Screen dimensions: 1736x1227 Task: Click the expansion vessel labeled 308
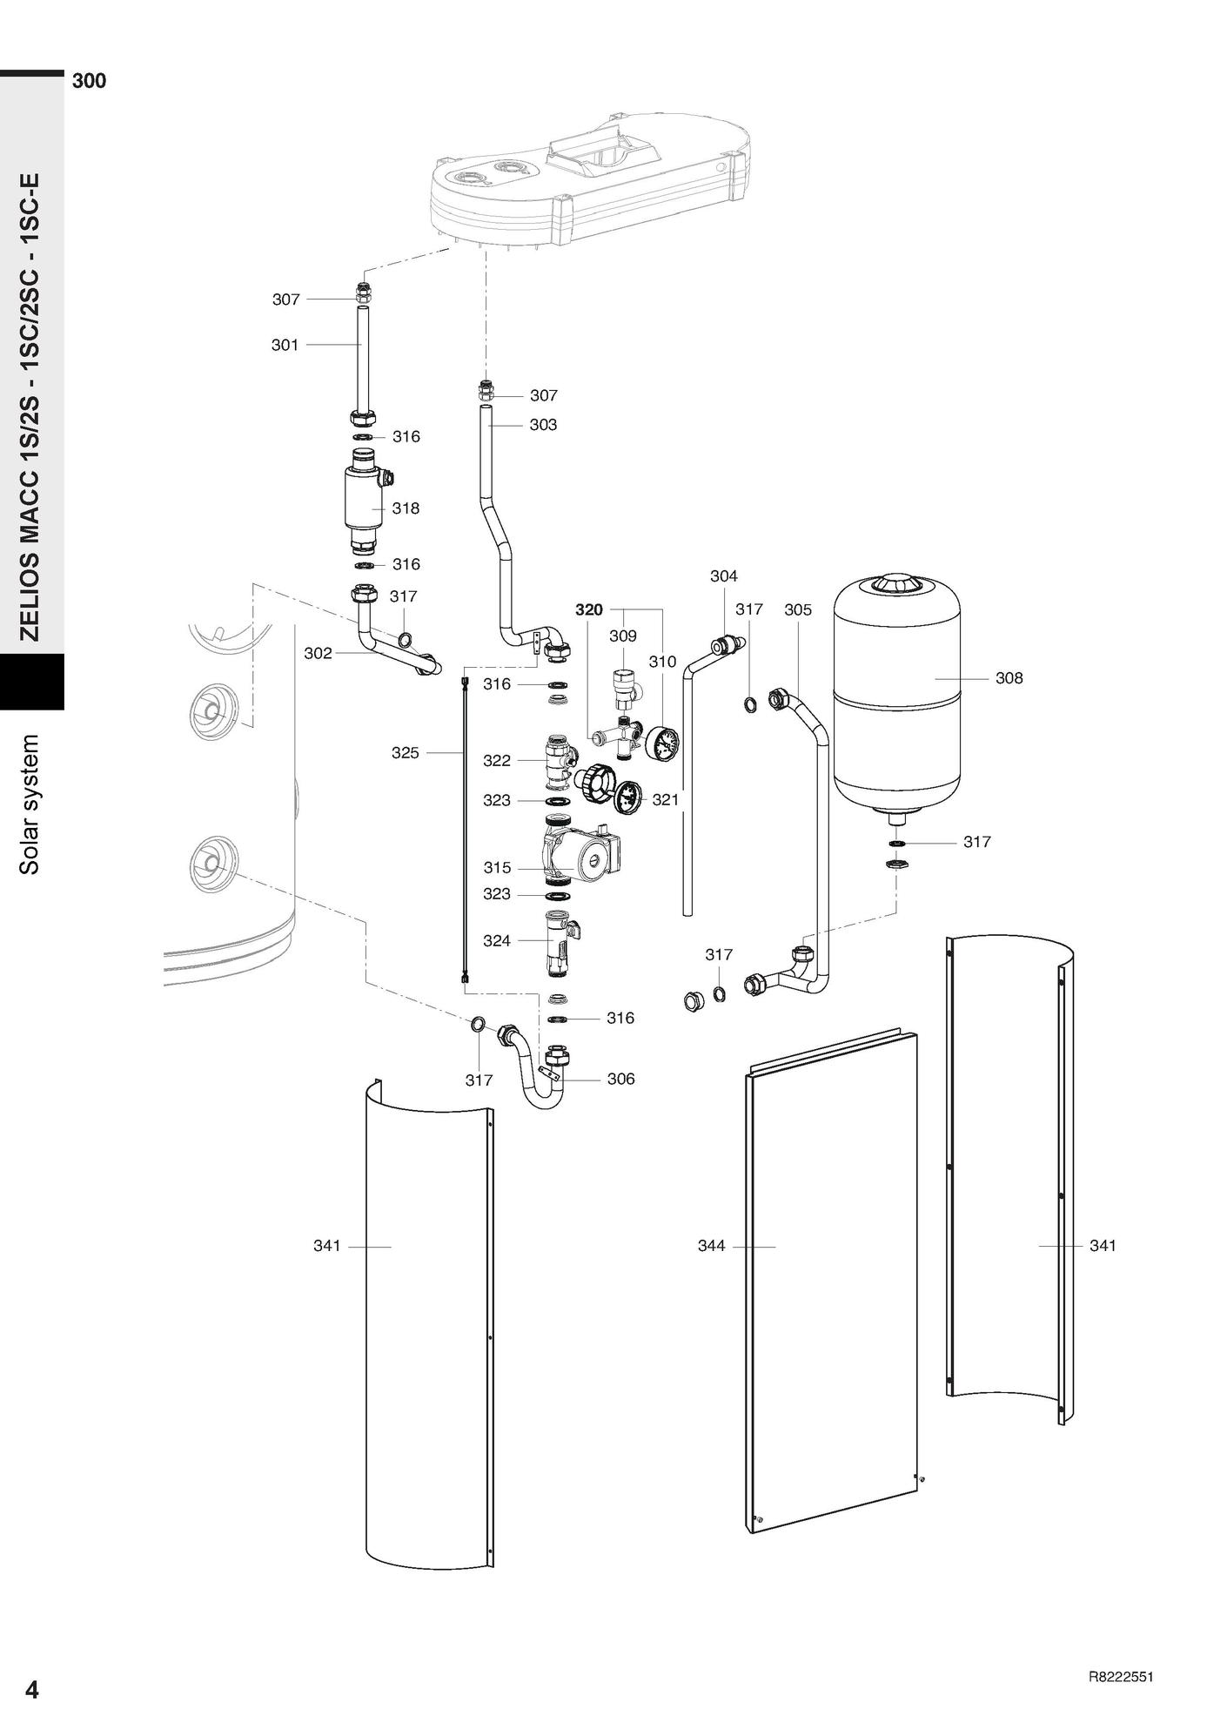(896, 696)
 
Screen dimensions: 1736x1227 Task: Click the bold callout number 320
(589, 610)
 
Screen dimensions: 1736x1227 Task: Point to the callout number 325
(405, 753)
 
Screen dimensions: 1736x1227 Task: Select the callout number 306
(620, 1079)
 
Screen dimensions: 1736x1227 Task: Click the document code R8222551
(1121, 1678)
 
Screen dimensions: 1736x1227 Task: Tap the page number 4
(31, 1689)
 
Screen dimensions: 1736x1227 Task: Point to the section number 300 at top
(89, 81)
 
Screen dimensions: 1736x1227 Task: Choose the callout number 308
(1009, 677)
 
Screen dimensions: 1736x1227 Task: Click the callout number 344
(711, 1246)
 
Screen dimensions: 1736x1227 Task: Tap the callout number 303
(543, 425)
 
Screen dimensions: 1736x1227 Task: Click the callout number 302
(318, 653)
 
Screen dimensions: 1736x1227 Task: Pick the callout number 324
(496, 940)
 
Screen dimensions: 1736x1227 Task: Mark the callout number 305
(797, 609)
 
